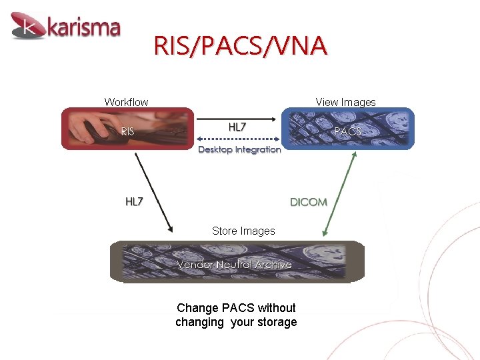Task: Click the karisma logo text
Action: [x=83, y=28]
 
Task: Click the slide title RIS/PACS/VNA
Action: [x=240, y=46]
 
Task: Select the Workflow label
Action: [x=126, y=102]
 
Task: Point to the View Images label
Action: [x=345, y=102]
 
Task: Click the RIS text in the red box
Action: [x=127, y=132]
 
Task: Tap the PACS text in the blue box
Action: [x=347, y=131]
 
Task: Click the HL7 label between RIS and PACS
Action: [x=237, y=127]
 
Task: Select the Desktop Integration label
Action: [x=239, y=149]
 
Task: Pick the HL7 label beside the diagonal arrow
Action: [x=134, y=201]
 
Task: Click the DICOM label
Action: [x=308, y=201]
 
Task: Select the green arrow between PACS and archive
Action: [x=339, y=193]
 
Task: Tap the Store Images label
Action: [x=243, y=231]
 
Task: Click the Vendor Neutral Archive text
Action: [x=234, y=265]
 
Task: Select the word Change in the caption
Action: [x=198, y=307]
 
